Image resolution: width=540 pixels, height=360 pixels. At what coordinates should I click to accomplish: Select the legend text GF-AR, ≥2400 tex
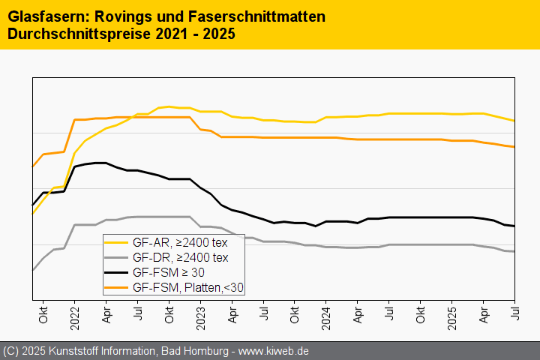[179, 242]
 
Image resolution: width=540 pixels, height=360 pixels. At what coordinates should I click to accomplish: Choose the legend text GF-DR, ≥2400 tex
[179, 257]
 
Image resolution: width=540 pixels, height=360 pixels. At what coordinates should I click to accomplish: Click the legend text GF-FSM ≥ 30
[168, 272]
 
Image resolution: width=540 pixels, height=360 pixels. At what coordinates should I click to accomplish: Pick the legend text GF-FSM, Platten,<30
[187, 287]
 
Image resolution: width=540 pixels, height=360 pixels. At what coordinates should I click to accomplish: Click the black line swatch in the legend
[116, 272]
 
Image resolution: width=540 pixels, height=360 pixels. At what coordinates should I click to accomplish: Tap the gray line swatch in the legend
[116, 257]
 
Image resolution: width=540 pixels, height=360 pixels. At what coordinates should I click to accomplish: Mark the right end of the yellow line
[514, 121]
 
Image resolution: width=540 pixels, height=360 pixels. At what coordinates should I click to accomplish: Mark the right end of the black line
[514, 226]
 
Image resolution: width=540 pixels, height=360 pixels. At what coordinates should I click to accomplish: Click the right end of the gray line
[514, 251]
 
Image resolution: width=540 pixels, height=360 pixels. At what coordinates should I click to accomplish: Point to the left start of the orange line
[32, 167]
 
